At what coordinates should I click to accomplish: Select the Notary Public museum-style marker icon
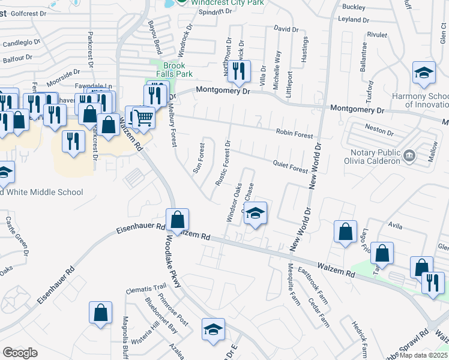(410, 156)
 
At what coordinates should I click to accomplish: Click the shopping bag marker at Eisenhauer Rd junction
(178, 220)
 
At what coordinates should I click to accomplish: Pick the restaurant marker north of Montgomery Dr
(240, 71)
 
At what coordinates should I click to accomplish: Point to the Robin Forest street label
(294, 134)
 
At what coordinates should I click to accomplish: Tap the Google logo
(20, 353)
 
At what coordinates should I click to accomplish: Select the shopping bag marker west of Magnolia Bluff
(100, 312)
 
